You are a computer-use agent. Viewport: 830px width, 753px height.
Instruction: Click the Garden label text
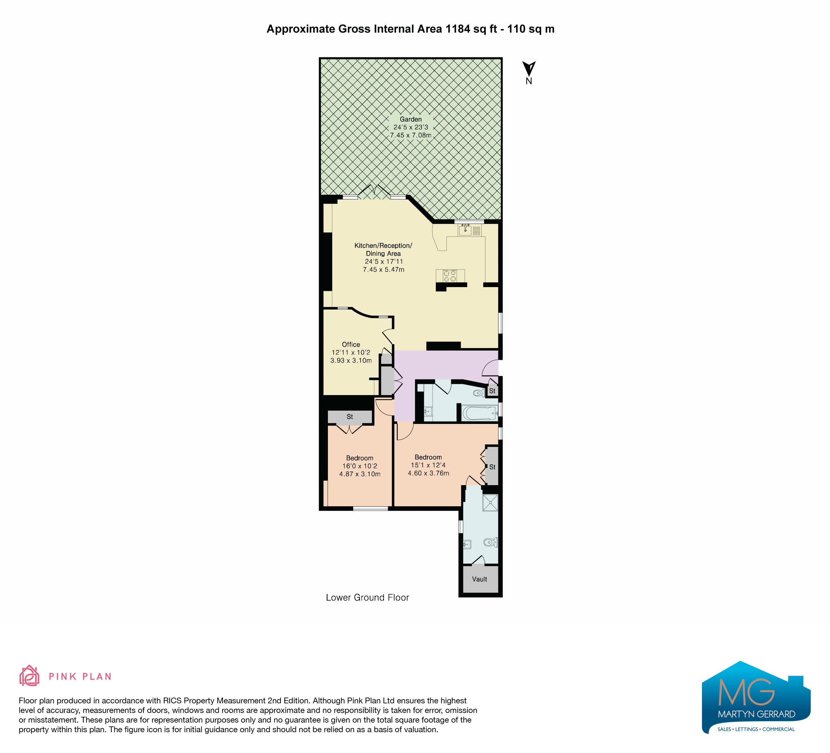[x=411, y=120]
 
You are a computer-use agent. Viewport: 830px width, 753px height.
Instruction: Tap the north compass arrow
[x=529, y=68]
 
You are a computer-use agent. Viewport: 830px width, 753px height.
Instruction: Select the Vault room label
[x=480, y=579]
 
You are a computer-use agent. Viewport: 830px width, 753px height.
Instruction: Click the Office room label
[x=351, y=344]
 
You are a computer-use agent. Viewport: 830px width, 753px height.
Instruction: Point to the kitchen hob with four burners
[x=450, y=276]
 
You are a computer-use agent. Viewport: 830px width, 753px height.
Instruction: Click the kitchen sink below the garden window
[x=465, y=230]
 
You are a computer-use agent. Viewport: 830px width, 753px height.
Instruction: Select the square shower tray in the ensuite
[x=490, y=502]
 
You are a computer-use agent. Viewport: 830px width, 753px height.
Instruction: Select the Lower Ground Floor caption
[x=367, y=598]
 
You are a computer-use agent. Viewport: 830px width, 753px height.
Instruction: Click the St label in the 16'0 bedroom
[x=350, y=417]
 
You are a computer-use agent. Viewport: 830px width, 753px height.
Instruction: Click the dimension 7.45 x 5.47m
[x=383, y=269]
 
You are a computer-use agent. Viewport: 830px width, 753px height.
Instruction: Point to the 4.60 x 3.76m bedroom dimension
[x=428, y=473]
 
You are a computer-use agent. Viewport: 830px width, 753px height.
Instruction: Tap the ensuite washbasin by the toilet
[x=467, y=545]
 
